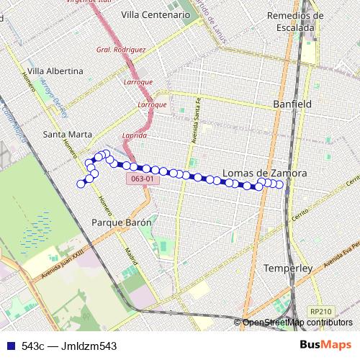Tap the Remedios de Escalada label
point(291,22)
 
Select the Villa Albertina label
point(53,71)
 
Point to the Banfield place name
point(292,104)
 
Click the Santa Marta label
point(67,134)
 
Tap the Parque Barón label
point(122,222)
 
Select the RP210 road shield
point(320,311)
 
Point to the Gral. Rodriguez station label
point(121,50)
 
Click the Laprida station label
point(135,135)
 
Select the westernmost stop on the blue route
point(81,184)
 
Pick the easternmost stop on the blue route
point(279,184)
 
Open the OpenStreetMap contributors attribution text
point(297,323)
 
